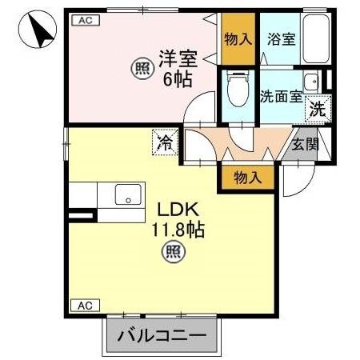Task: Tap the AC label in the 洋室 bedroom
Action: (x=82, y=22)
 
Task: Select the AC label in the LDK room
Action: (x=82, y=306)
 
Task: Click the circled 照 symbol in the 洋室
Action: (x=141, y=69)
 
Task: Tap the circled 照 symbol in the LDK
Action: (x=173, y=254)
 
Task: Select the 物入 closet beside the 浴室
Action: (x=238, y=38)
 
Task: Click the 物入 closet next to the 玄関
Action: (x=249, y=178)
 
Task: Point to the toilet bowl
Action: (x=238, y=90)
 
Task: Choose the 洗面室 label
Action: (x=281, y=96)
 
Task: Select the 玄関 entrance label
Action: (x=304, y=144)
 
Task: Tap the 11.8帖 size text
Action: (x=179, y=230)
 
